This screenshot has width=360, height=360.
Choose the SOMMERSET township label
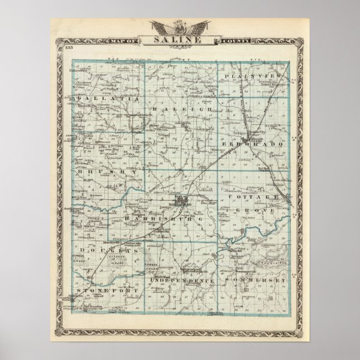[256, 277]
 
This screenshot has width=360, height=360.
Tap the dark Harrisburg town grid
[181, 199]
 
